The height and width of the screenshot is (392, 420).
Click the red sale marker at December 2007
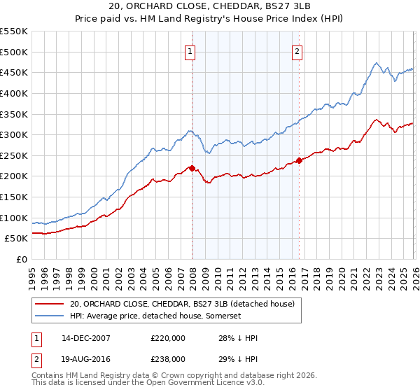click(192, 168)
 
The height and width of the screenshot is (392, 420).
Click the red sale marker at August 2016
click(299, 160)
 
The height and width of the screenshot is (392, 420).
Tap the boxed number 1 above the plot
click(190, 50)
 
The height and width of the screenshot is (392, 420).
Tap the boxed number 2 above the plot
click(297, 50)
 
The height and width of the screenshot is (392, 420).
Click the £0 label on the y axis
click(22, 259)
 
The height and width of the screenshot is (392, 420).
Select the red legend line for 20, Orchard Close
click(50, 304)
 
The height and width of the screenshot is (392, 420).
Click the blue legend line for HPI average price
click(50, 316)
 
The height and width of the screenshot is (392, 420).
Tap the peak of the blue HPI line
click(376, 64)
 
